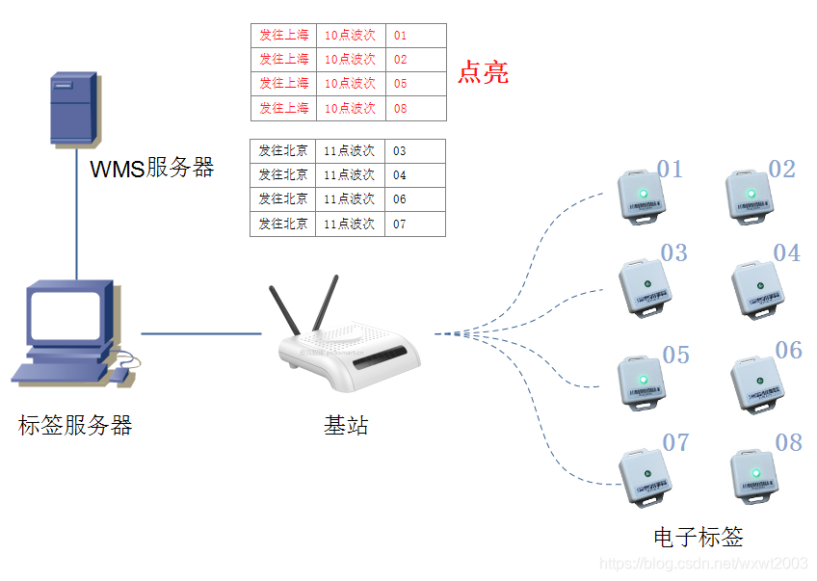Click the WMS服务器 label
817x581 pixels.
[x=151, y=168]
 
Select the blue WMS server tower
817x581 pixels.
[x=73, y=108]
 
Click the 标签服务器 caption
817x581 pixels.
[x=74, y=425]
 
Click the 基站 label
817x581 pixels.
[x=346, y=425]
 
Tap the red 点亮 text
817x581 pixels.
[x=483, y=72]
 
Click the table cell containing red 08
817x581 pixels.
[x=415, y=108]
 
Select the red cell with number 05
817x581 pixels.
[x=415, y=84]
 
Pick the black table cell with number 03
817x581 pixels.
[x=414, y=151]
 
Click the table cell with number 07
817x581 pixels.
[x=414, y=224]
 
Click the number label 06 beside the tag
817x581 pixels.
[x=788, y=350]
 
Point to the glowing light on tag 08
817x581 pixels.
[x=755, y=472]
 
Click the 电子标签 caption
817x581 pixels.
[x=698, y=538]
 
